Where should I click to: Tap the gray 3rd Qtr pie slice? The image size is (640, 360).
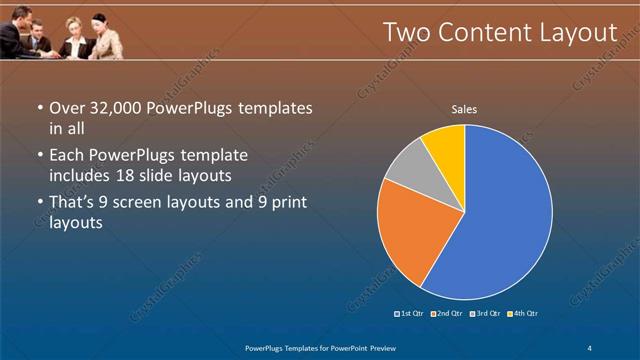(407, 171)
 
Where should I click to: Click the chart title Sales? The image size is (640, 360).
(464, 108)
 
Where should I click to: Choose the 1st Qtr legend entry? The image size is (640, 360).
(410, 314)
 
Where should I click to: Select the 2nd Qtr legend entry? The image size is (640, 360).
(447, 314)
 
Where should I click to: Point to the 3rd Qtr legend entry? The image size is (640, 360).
(486, 314)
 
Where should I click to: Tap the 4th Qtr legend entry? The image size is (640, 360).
(523, 314)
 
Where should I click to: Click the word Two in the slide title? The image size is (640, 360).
(408, 33)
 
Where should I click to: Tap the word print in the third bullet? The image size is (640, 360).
(284, 203)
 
